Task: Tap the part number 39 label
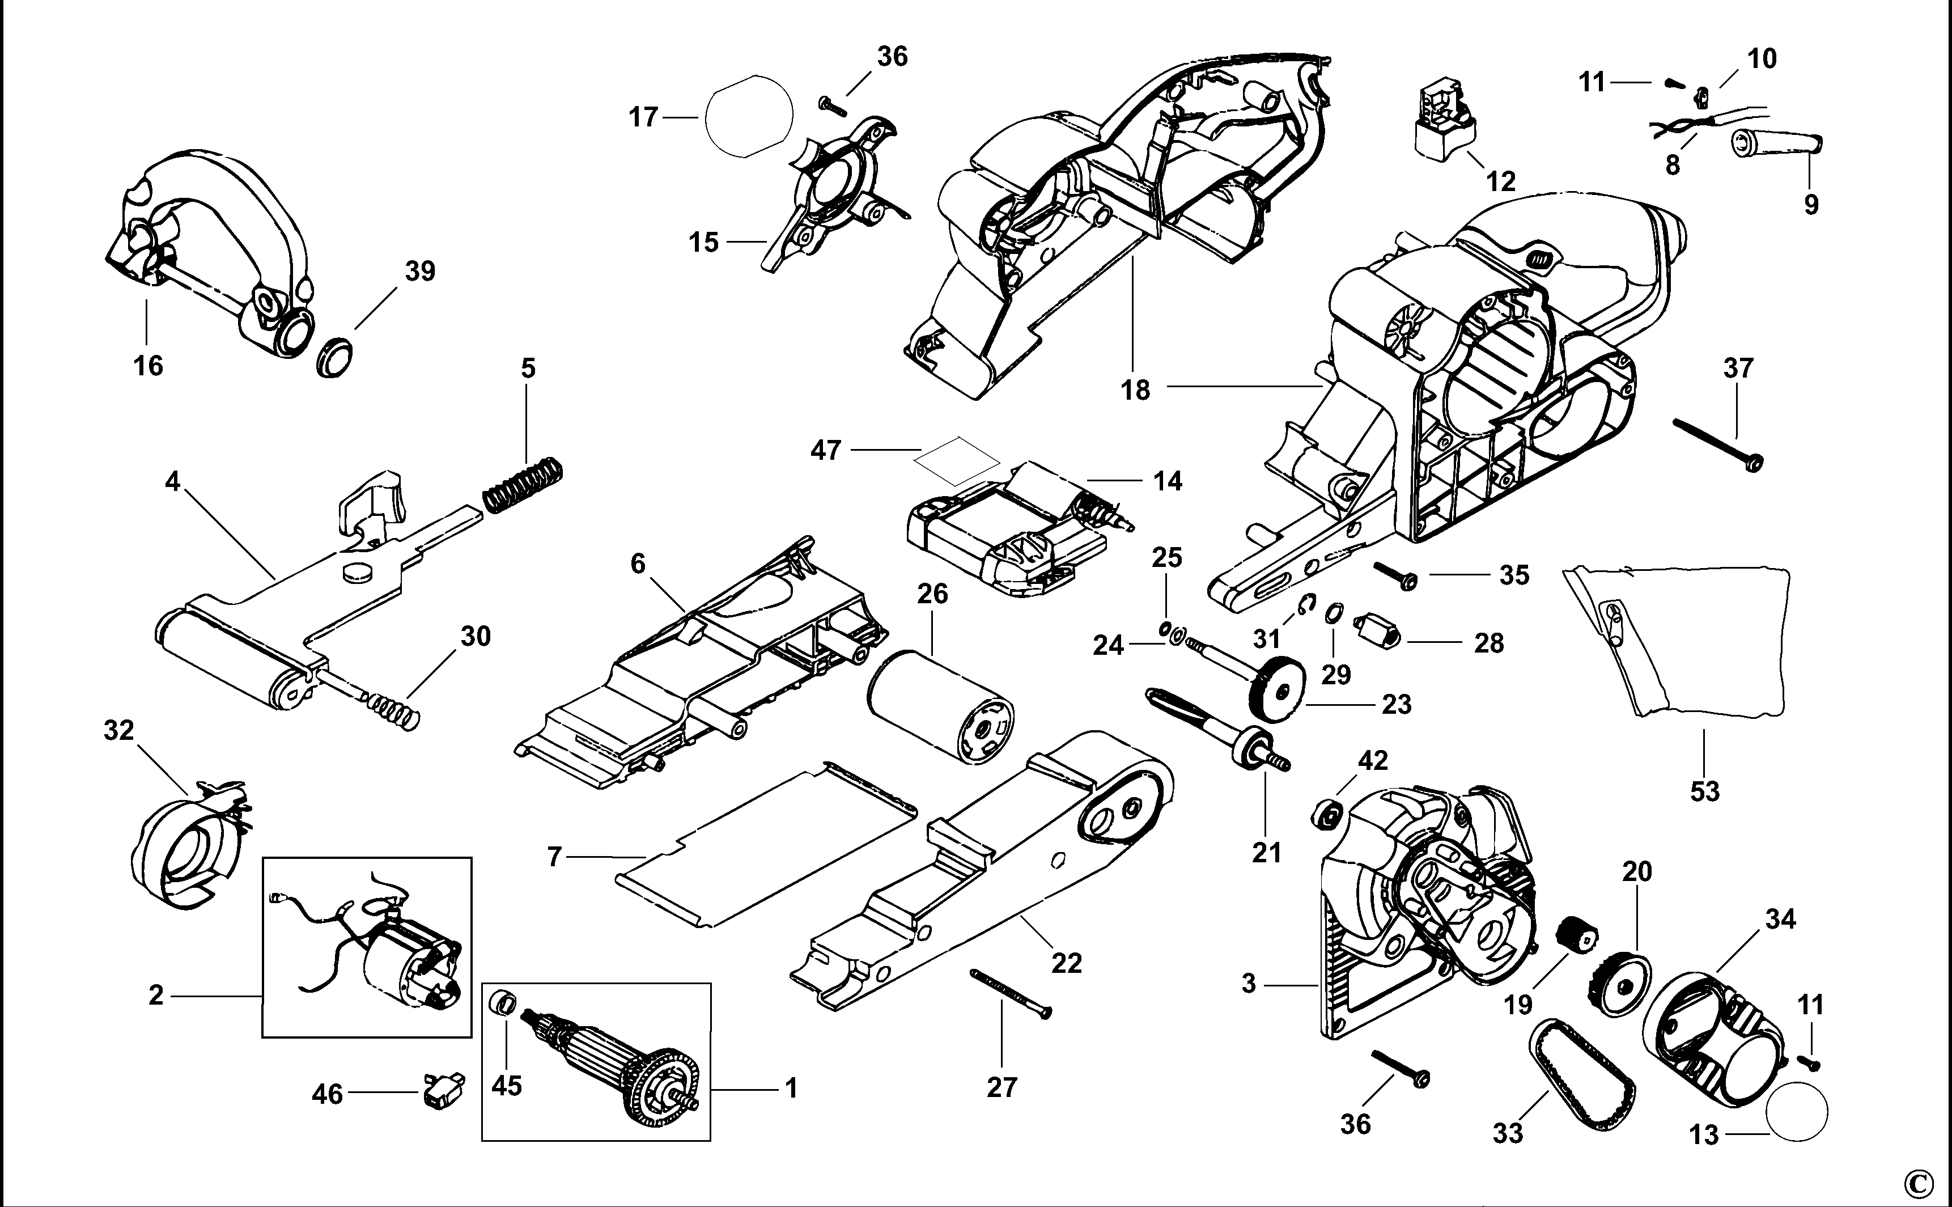pyautogui.click(x=420, y=272)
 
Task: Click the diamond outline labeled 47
pyautogui.click(x=957, y=460)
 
